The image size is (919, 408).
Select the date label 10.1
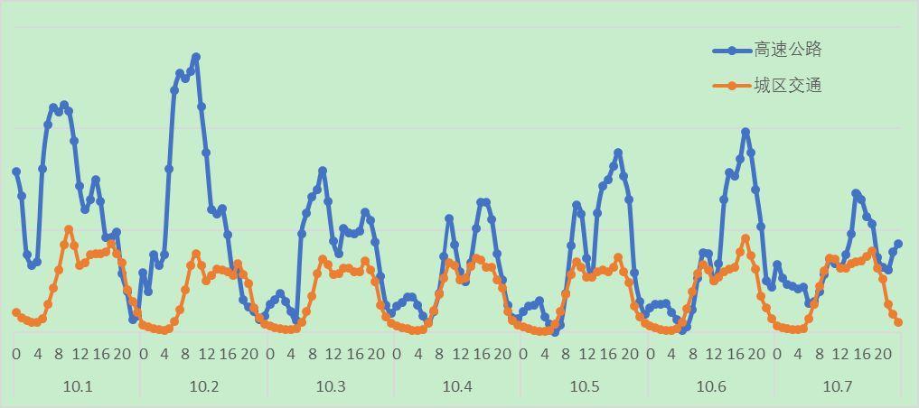point(78,386)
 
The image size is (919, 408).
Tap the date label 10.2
point(204,386)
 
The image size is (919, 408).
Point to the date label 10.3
point(331,386)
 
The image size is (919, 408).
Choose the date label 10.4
point(457,386)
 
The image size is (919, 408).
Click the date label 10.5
point(585,386)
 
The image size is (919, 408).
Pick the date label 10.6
point(711,386)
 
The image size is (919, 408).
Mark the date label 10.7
point(838,386)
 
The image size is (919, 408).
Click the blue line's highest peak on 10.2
point(196,57)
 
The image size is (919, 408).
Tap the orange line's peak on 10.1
point(69,229)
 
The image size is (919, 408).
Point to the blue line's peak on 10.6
point(746,132)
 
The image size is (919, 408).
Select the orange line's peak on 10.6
point(746,238)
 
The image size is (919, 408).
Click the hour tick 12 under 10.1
point(80,353)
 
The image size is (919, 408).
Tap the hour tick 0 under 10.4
point(396,353)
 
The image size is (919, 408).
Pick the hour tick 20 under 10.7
point(883,353)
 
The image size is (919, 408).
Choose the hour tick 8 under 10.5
point(565,353)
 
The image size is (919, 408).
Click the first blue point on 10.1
point(16,172)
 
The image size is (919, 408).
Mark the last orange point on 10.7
point(898,322)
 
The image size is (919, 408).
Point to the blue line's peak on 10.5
point(618,153)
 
